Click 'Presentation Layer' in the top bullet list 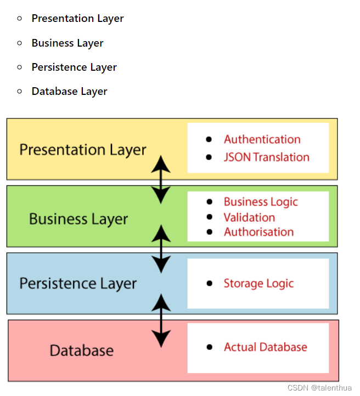[x=77, y=19]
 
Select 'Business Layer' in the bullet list [x=67, y=43]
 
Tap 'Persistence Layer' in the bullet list [x=74, y=67]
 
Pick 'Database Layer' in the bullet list [x=69, y=92]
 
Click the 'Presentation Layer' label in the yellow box [x=83, y=150]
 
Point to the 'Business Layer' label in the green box [x=78, y=219]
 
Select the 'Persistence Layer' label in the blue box [x=78, y=284]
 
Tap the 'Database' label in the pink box [x=82, y=350]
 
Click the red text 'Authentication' [x=262, y=139]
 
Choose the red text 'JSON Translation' [x=266, y=157]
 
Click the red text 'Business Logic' [x=261, y=202]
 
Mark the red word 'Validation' [x=249, y=217]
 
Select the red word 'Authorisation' [x=258, y=232]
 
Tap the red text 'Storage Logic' [x=258, y=284]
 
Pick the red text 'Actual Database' [x=265, y=347]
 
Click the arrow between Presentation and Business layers [x=161, y=179]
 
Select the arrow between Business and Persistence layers [x=161, y=248]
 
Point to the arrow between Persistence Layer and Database [x=161, y=320]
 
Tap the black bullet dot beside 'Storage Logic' [x=209, y=284]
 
